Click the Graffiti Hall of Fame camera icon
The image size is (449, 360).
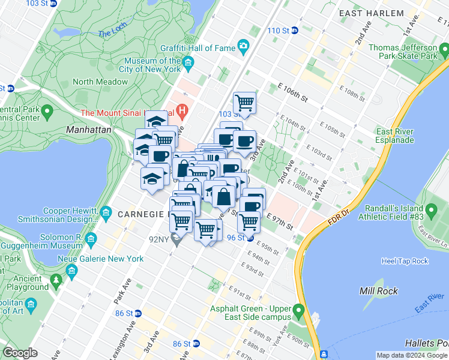point(243,46)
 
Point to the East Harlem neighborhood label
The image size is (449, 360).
point(371,13)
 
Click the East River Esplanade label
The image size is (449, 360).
point(394,136)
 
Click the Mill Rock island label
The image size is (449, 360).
point(375,291)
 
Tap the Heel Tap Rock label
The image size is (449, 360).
point(405,261)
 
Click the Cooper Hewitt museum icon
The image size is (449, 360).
point(106,212)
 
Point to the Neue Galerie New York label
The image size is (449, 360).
point(110,259)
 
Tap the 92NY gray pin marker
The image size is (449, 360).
point(176,241)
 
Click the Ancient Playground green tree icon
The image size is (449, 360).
point(56,280)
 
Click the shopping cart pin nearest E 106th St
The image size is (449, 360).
point(244,103)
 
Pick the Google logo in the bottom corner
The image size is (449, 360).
point(20,353)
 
